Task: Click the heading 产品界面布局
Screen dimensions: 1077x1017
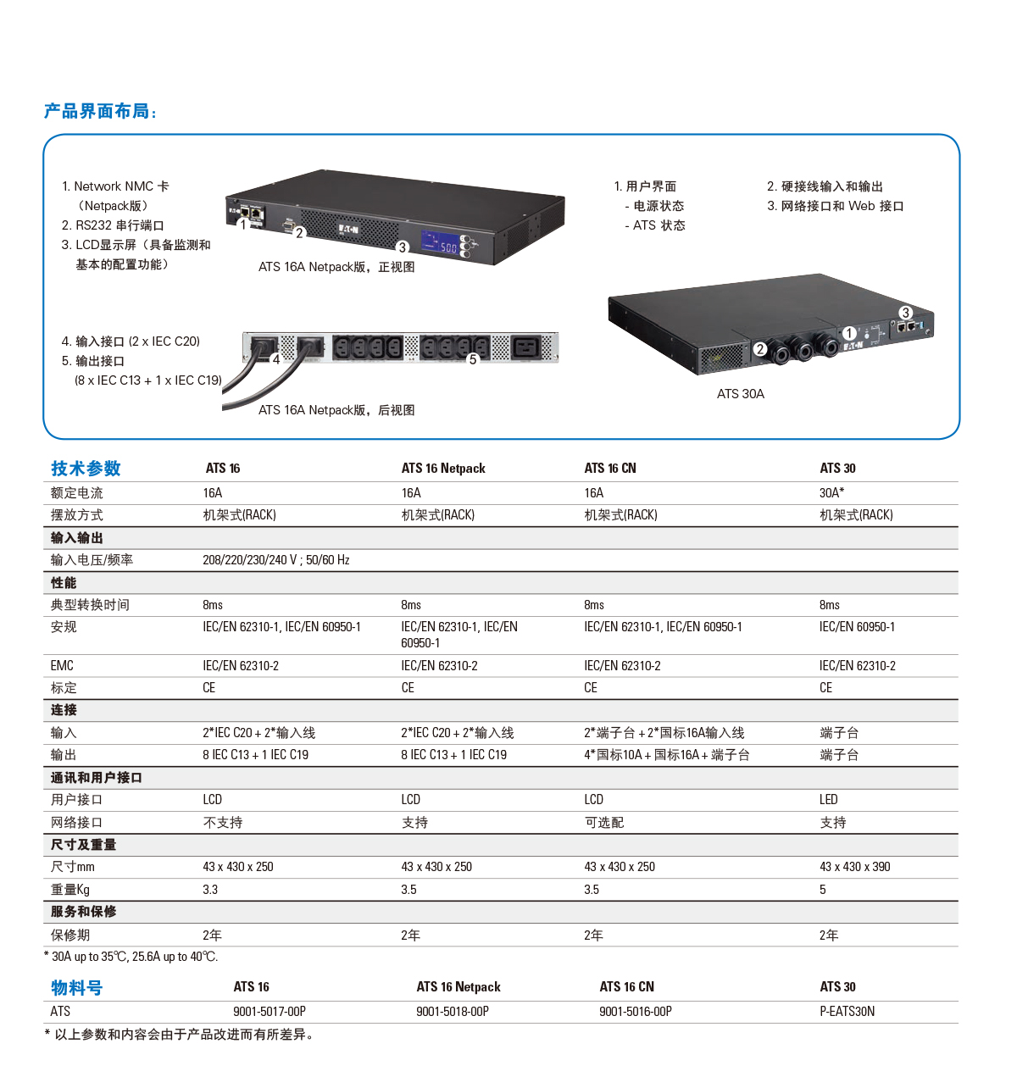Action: (x=100, y=112)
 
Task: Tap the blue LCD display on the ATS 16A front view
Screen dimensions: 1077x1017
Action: (x=441, y=242)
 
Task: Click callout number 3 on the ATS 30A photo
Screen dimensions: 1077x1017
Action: (x=905, y=313)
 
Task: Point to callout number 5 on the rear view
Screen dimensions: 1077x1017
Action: (x=473, y=359)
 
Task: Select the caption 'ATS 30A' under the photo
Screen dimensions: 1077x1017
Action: (x=740, y=394)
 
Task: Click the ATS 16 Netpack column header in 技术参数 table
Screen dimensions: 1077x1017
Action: (x=443, y=469)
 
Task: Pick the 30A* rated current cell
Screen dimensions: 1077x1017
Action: (x=831, y=493)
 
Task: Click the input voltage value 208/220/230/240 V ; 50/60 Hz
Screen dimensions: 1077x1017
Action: (x=275, y=560)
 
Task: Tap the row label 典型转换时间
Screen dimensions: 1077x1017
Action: (x=90, y=605)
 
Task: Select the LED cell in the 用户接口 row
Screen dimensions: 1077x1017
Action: (x=828, y=800)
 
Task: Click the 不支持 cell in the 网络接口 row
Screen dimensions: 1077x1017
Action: (x=222, y=823)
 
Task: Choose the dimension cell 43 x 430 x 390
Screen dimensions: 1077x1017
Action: (x=854, y=867)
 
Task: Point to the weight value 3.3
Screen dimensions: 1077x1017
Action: (x=210, y=890)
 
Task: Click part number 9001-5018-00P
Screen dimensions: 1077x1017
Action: (x=453, y=1012)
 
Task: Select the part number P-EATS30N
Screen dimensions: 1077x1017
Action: (x=847, y=1012)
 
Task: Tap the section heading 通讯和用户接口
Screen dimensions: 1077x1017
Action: (x=96, y=778)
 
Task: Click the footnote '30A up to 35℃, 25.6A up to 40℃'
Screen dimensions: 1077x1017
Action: (x=133, y=957)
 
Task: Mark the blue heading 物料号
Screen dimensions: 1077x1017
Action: (x=76, y=988)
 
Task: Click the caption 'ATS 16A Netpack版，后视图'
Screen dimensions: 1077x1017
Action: (x=336, y=410)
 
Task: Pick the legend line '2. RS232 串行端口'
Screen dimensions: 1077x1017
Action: (x=113, y=225)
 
